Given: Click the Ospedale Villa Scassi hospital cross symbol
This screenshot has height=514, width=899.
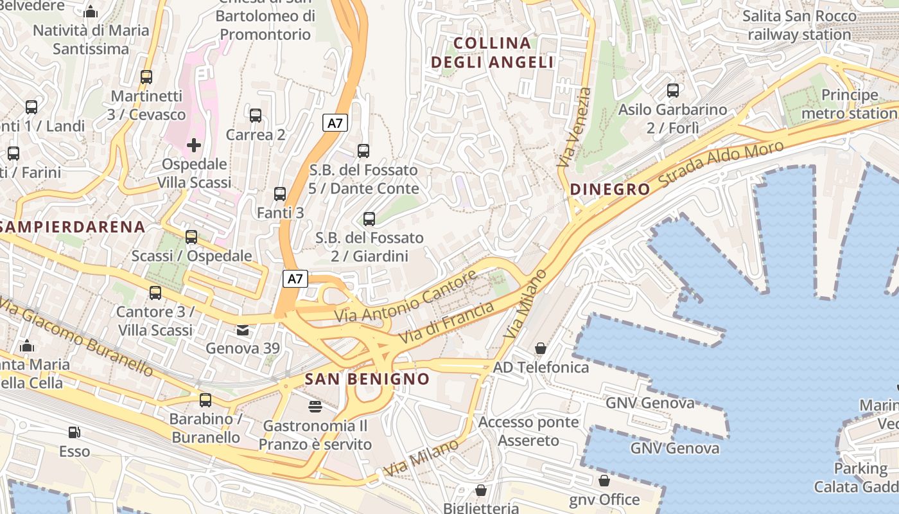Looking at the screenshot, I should pos(194,145).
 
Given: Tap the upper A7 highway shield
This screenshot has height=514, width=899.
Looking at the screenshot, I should pos(335,123).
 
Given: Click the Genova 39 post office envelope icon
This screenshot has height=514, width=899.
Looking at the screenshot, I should pos(243,330).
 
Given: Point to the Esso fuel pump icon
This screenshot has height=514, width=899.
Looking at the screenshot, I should pos(74,433).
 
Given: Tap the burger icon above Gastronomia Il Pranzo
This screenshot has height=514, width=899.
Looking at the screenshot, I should pos(315,407).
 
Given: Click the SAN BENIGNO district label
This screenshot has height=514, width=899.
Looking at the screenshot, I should pos(367,379).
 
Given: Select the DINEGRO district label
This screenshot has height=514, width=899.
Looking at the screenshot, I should pos(610,190).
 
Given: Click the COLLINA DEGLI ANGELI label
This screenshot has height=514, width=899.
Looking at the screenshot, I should pos(493,53).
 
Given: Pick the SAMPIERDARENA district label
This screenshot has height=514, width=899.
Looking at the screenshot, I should pos(72,227).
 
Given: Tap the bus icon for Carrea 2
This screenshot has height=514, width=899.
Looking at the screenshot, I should pos(256,116).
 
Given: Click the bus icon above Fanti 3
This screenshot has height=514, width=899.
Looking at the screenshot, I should pos(280,193).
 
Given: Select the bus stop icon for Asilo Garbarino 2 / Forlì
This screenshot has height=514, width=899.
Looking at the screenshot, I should pos(673,91).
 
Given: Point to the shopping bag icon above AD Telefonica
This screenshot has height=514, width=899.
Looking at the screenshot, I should pos(541,348).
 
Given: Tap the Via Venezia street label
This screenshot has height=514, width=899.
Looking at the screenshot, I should pos(574,127).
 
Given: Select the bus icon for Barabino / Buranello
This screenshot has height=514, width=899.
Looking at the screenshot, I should pos(205,400).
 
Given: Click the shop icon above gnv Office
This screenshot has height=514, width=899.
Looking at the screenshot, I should pos(604,481).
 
